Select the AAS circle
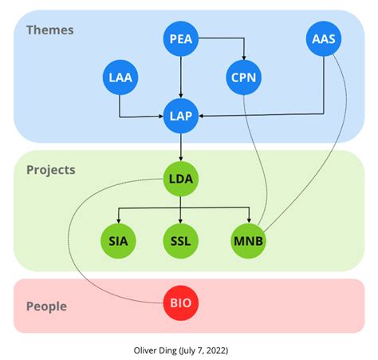coord(323,38)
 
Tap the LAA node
coord(120,77)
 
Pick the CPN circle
coord(244,77)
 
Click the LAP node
coord(182,117)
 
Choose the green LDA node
coord(182,180)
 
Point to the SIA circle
coord(120,240)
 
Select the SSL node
coord(182,240)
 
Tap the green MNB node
coord(250,240)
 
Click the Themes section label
coord(49,30)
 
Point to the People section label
coord(46,307)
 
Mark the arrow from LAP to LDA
coord(182,148)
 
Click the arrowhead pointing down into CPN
coord(244,58)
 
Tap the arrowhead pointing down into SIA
coord(120,221)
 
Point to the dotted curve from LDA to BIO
coord(76,239)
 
